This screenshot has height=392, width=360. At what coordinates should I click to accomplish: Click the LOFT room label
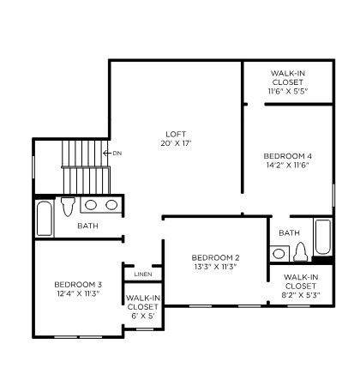(x=175, y=134)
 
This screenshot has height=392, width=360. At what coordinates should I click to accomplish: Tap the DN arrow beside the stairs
(x=113, y=154)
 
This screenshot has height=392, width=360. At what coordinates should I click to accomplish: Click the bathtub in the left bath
(x=45, y=218)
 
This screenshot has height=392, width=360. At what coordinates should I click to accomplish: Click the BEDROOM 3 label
(x=78, y=285)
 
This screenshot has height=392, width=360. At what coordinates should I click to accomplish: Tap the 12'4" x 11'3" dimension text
(x=78, y=294)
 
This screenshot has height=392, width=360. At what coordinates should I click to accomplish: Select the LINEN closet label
(x=143, y=274)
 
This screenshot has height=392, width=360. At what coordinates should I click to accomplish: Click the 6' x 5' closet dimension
(x=142, y=316)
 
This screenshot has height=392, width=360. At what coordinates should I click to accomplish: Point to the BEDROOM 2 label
(x=215, y=257)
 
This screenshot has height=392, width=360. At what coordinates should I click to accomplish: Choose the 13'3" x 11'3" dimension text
(x=215, y=267)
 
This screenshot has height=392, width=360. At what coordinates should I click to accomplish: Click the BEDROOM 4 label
(x=287, y=155)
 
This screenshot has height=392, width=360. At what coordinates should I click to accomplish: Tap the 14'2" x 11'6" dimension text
(x=287, y=165)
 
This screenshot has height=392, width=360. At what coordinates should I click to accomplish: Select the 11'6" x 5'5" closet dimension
(x=287, y=90)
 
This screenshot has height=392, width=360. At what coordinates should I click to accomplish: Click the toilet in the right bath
(x=300, y=251)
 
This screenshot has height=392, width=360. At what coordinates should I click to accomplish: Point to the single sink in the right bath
(x=278, y=253)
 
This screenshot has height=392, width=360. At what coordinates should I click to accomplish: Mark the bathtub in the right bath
(x=322, y=237)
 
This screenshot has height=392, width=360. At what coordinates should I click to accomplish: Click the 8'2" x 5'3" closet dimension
(x=301, y=295)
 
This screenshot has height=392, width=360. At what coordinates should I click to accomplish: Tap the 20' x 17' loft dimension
(x=175, y=143)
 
